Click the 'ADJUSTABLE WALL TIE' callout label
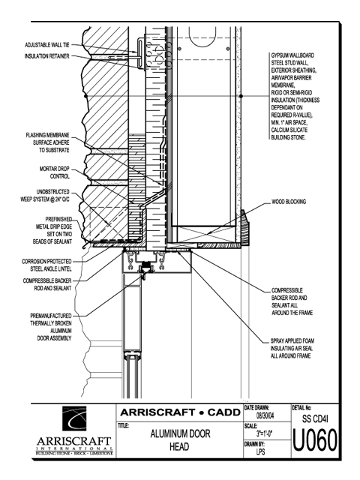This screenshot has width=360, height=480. pos(47,45)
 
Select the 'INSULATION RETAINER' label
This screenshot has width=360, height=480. pos(47,56)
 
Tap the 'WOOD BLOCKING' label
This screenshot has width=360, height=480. pos(289,202)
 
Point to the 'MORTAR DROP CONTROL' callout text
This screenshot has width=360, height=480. pos(55,172)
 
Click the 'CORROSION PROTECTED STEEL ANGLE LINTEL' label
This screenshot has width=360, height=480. pos(46,265)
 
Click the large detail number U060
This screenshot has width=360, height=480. pos(315,440)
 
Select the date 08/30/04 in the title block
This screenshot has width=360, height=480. pos(265,415)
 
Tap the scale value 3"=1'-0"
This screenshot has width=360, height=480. pos(265,433)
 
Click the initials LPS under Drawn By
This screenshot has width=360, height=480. pos(261,451)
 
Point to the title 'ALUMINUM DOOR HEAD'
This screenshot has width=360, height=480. pos(180,440)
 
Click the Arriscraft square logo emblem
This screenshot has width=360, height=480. pos(74,418)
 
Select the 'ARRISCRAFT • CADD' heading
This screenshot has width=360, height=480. pos(180,412)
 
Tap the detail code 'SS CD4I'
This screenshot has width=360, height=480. pos(315,418)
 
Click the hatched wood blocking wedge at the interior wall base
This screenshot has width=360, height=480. pos(244,227)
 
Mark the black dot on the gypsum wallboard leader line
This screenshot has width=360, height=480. pos(241,96)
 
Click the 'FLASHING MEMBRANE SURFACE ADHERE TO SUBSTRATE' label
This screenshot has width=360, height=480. pos(47,142)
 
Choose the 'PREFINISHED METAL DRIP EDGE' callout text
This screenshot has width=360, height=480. pos(52,230)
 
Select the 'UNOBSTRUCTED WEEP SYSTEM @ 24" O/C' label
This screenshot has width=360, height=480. pos(45,196)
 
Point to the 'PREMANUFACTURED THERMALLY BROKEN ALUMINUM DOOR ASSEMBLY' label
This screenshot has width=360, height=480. pos(51,327)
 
